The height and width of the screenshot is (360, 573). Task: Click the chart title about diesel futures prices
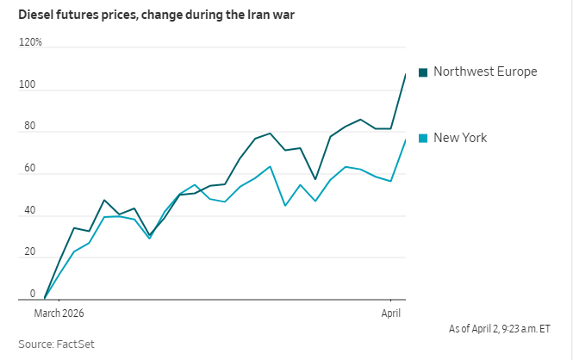click(157, 16)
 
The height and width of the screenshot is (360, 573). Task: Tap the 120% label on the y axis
click(30, 42)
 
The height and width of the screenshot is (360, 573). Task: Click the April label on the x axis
click(391, 313)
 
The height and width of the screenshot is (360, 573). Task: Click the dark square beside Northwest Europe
click(423, 72)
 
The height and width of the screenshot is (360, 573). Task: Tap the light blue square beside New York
click(423, 139)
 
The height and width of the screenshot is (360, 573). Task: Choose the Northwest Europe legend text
click(485, 71)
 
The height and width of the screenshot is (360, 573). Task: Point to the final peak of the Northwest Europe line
click(405, 74)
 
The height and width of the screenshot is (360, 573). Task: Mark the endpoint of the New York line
click(405, 140)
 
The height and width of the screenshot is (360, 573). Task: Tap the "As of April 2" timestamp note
click(499, 328)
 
